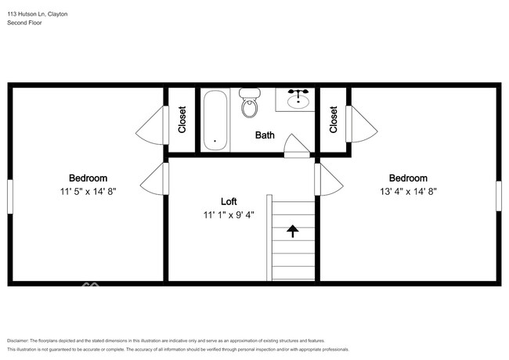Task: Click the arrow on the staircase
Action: click(x=293, y=231)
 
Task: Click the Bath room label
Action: click(x=265, y=135)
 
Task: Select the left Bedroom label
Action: click(x=88, y=178)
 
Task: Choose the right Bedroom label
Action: click(x=408, y=178)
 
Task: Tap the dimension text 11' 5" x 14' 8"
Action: click(x=88, y=191)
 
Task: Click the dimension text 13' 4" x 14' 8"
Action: click(x=408, y=191)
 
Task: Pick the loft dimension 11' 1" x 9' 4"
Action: click(x=229, y=213)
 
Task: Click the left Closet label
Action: click(x=182, y=120)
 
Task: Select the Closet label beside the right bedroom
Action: click(x=334, y=120)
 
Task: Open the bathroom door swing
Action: click(x=295, y=146)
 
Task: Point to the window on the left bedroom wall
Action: click(x=10, y=196)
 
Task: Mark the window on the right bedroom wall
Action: click(x=498, y=196)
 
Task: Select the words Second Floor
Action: click(x=25, y=23)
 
